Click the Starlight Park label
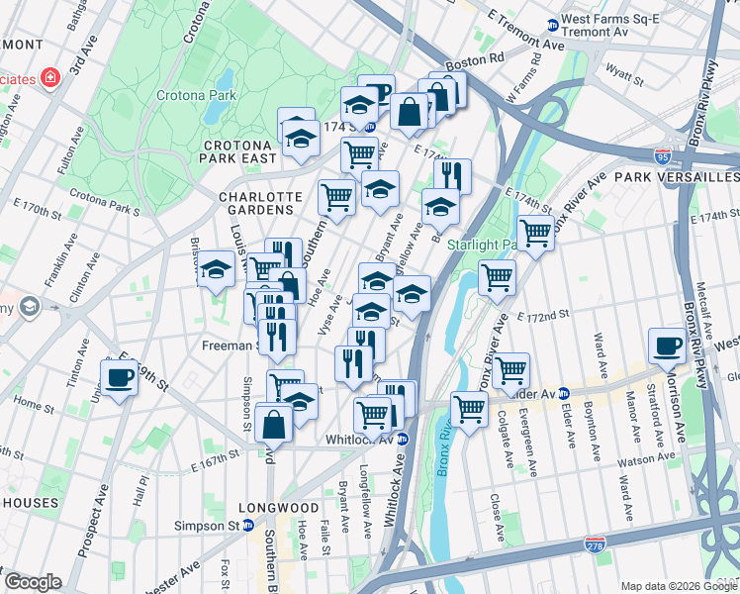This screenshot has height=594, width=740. pos(482,244)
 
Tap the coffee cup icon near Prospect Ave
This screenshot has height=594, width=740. pos(120,377)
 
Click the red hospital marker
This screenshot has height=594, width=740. pos(47,76)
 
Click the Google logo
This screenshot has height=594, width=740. pos(33,582)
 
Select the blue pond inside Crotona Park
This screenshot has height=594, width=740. pos(226,81)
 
